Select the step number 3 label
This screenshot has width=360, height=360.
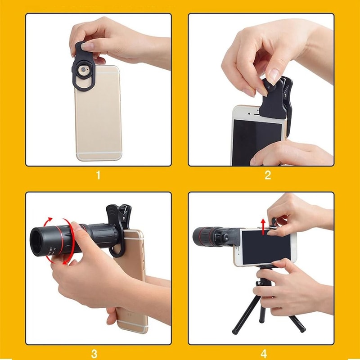(x=98, y=352)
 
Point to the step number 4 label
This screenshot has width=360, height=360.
(x=268, y=352)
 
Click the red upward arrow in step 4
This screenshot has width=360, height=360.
(x=263, y=225)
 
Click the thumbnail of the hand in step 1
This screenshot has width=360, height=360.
(x=88, y=45)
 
